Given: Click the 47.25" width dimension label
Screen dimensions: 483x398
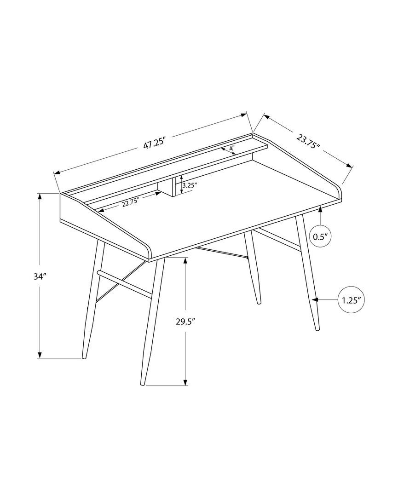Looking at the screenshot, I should pyautogui.click(x=154, y=144).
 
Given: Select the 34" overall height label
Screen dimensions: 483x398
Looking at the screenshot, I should pyautogui.click(x=40, y=276).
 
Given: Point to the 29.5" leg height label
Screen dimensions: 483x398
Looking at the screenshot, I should pyautogui.click(x=185, y=322).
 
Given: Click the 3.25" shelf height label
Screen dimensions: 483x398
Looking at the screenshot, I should pyautogui.click(x=190, y=185).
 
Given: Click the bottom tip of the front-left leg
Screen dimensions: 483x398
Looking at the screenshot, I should pyautogui.click(x=84, y=356).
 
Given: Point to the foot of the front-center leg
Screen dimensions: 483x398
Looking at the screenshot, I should pyautogui.click(x=143, y=383).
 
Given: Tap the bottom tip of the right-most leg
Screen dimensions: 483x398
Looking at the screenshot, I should pyautogui.click(x=317, y=329).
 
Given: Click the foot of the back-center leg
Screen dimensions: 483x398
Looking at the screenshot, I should pyautogui.click(x=259, y=302).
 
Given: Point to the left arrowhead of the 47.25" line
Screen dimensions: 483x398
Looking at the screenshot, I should pyautogui.click(x=57, y=173).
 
